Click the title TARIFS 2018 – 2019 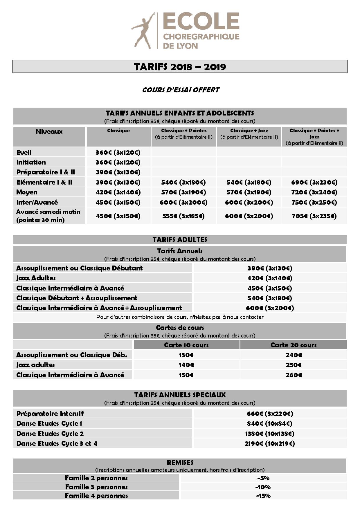(180, 67)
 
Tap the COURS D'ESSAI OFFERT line (181, 90)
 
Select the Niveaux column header (49, 131)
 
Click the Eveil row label (24, 152)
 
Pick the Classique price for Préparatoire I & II (118, 172)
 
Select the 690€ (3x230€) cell (314, 182)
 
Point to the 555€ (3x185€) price (183, 216)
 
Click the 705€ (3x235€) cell (314, 216)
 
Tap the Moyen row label (27, 192)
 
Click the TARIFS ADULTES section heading (180, 240)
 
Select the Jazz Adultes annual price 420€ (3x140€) (270, 278)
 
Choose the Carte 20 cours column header (293, 345)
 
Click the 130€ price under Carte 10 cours (186, 355)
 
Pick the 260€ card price (294, 375)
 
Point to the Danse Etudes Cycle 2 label (50, 434)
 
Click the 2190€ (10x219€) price (270, 443)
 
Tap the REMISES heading (180, 463)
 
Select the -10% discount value (263, 487)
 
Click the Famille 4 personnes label (96, 496)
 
